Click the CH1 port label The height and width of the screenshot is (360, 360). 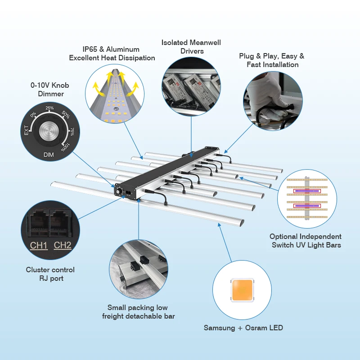pyautogui.click(x=39, y=245)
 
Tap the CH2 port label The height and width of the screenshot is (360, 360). pyautogui.click(x=63, y=245)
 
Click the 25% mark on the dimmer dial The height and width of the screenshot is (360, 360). pyautogui.click(x=49, y=108)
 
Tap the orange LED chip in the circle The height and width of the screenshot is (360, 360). pyautogui.click(x=242, y=290)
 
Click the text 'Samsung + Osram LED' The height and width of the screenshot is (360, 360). pyautogui.click(x=243, y=328)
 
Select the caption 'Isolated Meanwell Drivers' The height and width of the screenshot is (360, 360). pyautogui.click(x=191, y=47)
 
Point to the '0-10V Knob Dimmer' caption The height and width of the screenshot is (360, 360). pyautogui.click(x=50, y=90)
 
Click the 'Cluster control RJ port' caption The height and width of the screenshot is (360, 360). pyautogui.click(x=50, y=274)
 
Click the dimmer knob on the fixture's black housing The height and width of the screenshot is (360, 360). pyautogui.click(x=120, y=192)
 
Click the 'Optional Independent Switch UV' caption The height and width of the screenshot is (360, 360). pyautogui.click(x=306, y=240)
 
